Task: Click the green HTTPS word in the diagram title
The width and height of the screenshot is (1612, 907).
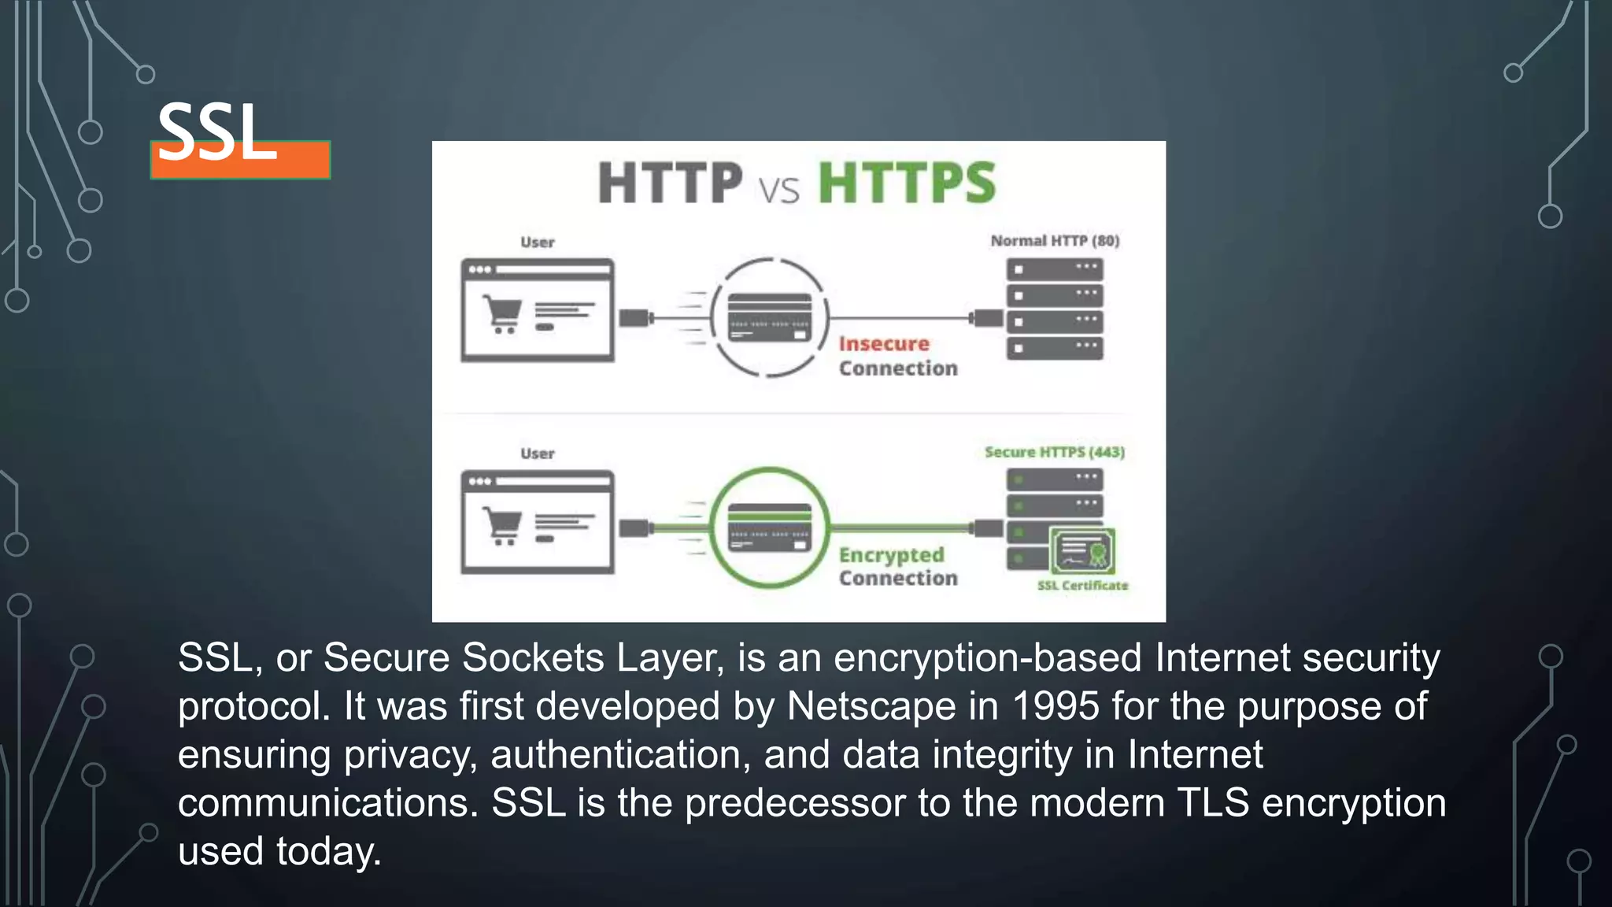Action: [907, 183]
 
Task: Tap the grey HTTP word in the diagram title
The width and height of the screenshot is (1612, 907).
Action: [670, 183]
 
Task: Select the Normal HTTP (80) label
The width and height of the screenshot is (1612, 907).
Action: [1055, 241]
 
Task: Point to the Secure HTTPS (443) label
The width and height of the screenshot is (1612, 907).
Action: [1055, 452]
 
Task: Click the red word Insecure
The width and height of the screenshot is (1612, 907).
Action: [884, 344]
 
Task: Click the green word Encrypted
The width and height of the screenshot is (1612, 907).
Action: [891, 555]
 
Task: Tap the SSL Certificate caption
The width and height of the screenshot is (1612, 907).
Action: [1082, 586]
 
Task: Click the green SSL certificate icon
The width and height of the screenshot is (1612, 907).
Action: [1082, 550]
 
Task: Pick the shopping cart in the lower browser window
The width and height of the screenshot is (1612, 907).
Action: [502, 526]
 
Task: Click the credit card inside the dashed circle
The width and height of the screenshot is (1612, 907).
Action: [769, 317]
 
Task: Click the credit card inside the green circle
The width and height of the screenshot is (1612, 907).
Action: [769, 528]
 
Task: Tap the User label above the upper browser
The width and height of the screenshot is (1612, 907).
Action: [538, 242]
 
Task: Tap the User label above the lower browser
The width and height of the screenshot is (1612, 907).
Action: [538, 453]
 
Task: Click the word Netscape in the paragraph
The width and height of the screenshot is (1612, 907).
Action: [871, 706]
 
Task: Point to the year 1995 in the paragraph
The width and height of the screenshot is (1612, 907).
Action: [1055, 706]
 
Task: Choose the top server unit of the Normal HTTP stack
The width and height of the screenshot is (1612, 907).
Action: [1054, 270]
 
